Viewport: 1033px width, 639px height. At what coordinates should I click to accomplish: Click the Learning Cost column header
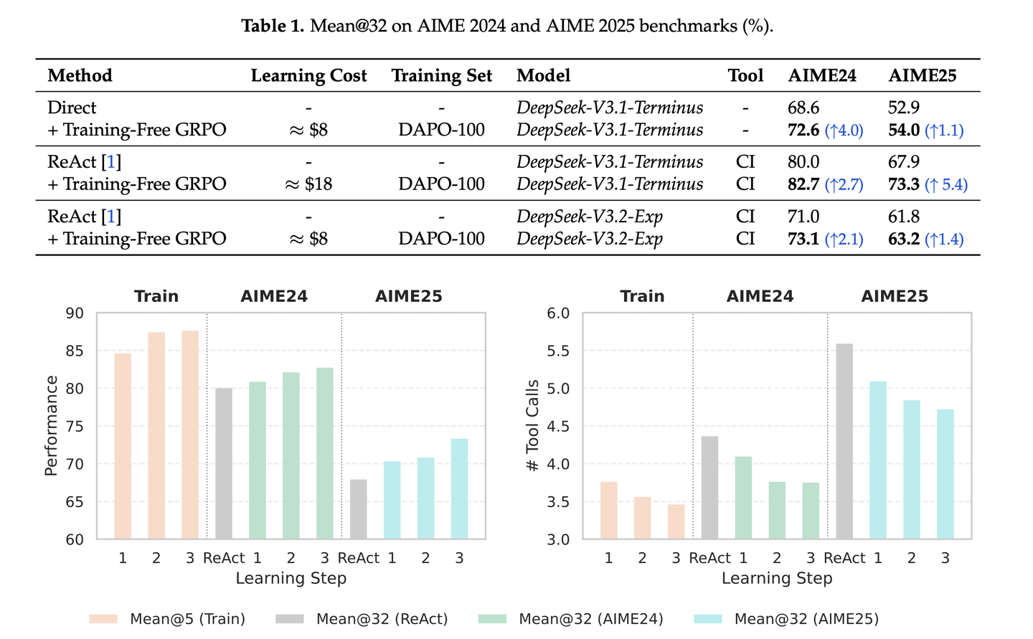[308, 75]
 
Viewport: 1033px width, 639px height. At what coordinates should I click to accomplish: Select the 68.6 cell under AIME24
[803, 108]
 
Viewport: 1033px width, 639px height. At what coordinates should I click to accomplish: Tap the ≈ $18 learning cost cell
[308, 184]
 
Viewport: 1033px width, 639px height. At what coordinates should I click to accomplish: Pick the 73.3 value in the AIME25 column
[903, 184]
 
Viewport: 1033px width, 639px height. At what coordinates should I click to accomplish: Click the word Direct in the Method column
[72, 108]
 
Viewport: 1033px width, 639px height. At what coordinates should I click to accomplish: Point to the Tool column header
[745, 75]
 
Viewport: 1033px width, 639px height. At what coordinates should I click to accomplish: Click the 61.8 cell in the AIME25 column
[903, 217]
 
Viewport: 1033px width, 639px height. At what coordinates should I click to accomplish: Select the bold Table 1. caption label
[273, 26]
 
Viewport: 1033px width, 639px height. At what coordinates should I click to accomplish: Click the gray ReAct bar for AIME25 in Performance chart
[359, 509]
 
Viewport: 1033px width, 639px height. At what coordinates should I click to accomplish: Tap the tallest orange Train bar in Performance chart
[190, 435]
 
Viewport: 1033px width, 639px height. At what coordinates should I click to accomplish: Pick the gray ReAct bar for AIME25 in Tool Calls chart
[844, 441]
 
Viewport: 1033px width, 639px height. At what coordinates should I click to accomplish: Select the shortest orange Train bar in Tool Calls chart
[676, 521]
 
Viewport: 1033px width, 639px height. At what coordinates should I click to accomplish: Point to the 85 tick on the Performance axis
[75, 351]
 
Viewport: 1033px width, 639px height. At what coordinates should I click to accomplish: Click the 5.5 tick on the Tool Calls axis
[558, 351]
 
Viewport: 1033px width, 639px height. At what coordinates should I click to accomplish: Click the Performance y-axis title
[51, 425]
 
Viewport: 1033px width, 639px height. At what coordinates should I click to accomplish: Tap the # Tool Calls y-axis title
[532, 425]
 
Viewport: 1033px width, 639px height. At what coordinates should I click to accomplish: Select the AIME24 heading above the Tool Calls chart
[760, 296]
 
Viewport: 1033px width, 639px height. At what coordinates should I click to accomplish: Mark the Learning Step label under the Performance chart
[291, 578]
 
